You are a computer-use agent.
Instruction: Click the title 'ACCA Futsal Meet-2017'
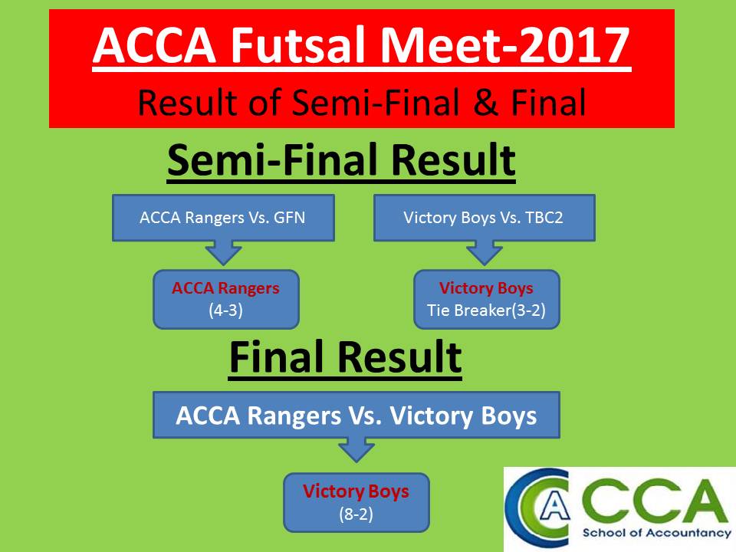point(361,45)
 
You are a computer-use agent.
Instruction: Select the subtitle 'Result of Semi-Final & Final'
point(362,102)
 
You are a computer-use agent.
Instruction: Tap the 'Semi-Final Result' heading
point(341,160)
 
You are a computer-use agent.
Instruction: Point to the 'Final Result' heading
point(345,357)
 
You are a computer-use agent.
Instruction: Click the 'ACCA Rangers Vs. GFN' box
point(223,218)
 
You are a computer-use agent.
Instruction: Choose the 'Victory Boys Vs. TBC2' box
point(485,218)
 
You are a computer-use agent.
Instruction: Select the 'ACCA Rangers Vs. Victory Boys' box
point(356,415)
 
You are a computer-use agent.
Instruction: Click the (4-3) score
point(225,310)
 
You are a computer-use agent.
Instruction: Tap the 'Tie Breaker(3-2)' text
point(486,310)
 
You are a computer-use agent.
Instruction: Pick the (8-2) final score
point(356,514)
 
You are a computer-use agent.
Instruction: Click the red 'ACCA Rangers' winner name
point(225,288)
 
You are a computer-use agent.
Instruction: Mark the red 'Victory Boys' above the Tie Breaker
point(486,288)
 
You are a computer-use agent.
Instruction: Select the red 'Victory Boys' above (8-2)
point(356,491)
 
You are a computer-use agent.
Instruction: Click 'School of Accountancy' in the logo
point(657,533)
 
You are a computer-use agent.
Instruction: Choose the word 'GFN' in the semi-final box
point(290,218)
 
